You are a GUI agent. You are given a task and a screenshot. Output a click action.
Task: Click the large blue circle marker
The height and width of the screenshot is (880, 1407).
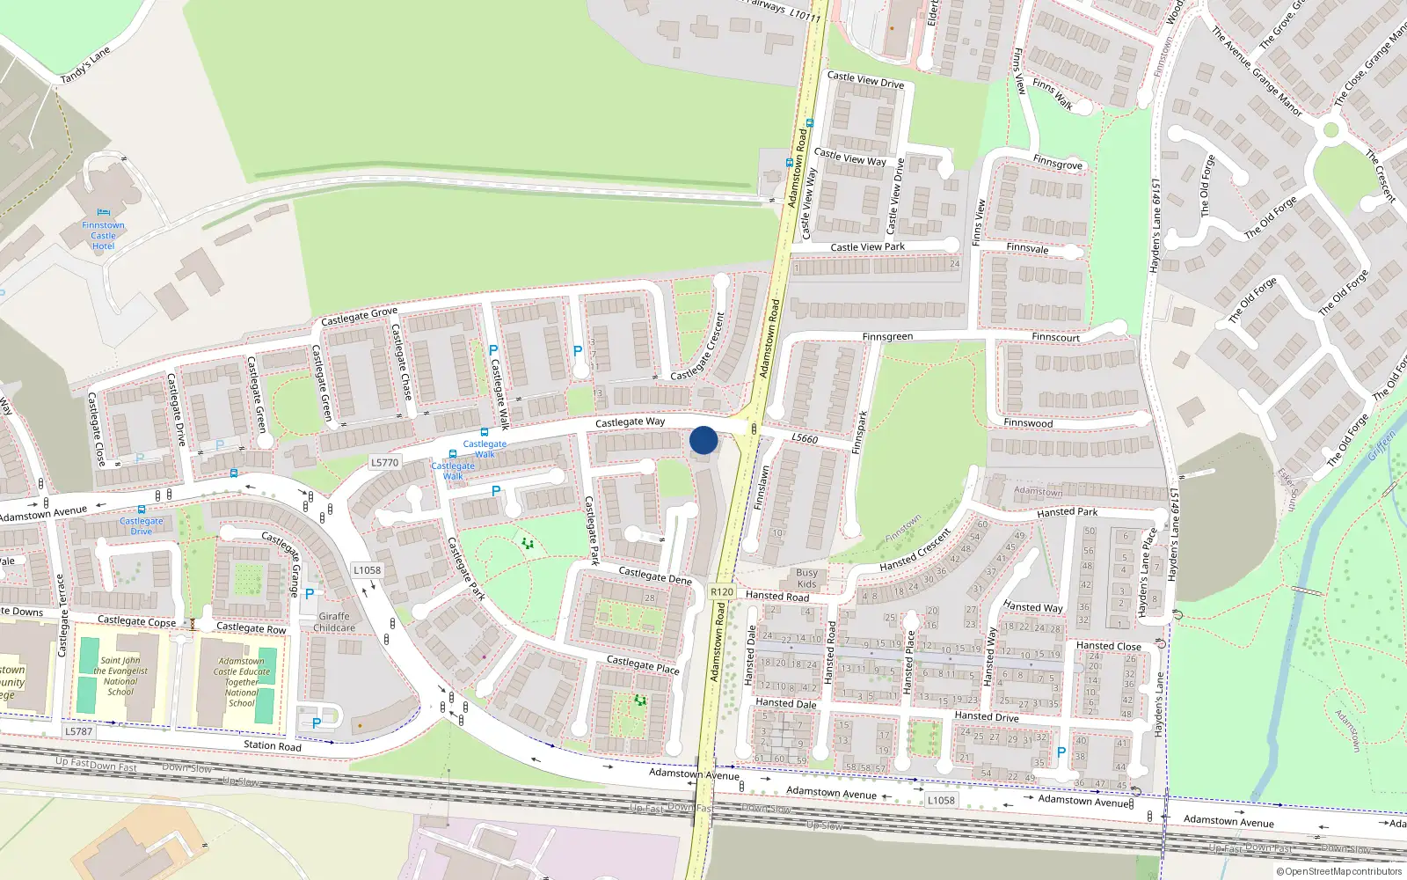click(703, 440)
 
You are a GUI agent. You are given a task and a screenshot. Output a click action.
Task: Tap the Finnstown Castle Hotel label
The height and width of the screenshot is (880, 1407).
click(103, 236)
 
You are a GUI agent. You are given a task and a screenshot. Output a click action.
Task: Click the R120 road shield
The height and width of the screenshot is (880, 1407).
click(722, 592)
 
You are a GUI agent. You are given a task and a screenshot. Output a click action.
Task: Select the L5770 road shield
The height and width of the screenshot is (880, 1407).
click(384, 462)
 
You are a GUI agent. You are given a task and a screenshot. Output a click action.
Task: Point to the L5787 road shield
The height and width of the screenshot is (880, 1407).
click(78, 731)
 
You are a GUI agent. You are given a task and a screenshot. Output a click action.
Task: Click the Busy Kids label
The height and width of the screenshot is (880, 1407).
click(806, 578)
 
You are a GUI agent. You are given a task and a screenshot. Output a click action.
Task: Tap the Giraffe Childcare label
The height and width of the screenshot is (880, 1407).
click(334, 622)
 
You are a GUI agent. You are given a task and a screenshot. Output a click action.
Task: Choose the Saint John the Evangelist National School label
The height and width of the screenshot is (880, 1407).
click(120, 676)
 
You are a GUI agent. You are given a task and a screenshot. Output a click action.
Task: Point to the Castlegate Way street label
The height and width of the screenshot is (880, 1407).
click(630, 422)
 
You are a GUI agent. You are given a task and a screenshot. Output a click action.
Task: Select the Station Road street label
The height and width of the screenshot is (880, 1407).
click(273, 745)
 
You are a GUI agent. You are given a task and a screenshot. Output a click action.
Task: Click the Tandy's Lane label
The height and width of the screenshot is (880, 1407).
click(85, 66)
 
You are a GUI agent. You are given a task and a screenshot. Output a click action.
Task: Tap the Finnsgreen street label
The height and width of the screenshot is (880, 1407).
click(887, 337)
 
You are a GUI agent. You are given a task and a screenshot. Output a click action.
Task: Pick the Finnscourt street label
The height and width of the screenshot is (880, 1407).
click(1055, 337)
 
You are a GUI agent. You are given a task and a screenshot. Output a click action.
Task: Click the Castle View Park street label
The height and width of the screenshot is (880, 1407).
click(867, 247)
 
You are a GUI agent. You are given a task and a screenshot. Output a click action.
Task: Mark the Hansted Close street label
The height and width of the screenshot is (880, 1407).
click(1108, 646)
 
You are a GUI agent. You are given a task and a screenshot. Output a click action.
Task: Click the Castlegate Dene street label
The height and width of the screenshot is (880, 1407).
click(655, 576)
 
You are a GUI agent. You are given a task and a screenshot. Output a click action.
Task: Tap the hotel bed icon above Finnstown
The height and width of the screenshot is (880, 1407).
click(104, 213)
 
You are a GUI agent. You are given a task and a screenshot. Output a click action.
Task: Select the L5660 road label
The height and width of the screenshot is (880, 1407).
click(805, 438)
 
